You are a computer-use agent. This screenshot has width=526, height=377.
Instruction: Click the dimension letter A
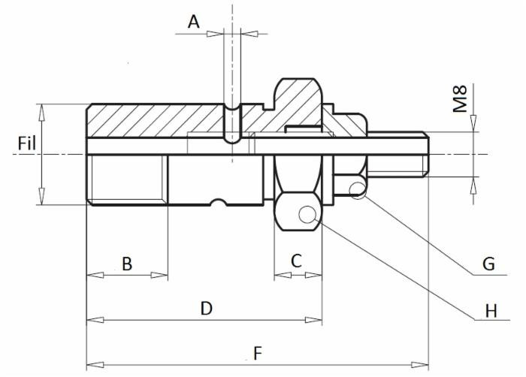(194, 22)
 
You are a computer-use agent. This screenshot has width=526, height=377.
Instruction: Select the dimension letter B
(127, 264)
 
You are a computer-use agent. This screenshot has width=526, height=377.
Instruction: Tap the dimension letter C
(296, 261)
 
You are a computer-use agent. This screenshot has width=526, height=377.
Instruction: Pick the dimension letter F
(258, 352)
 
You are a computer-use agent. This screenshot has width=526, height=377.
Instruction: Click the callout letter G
(488, 264)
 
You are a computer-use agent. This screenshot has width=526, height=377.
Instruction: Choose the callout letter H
(491, 309)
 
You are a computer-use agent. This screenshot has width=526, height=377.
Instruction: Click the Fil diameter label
(27, 142)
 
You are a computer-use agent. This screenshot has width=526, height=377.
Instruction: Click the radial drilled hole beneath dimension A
(233, 124)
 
